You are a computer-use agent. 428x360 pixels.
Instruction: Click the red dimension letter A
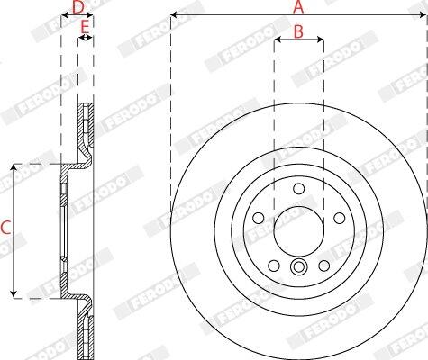298,7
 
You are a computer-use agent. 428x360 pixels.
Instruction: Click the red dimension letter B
298,31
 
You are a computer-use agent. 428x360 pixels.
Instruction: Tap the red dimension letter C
5,227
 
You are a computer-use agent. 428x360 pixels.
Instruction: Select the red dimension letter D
78,7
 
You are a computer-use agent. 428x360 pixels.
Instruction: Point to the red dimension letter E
86,27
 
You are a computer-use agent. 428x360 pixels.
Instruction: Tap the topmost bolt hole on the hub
299,189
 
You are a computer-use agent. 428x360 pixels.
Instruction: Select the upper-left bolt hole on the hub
259,218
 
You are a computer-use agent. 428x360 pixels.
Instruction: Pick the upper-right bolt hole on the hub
340,218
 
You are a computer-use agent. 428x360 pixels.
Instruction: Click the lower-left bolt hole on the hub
274,265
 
